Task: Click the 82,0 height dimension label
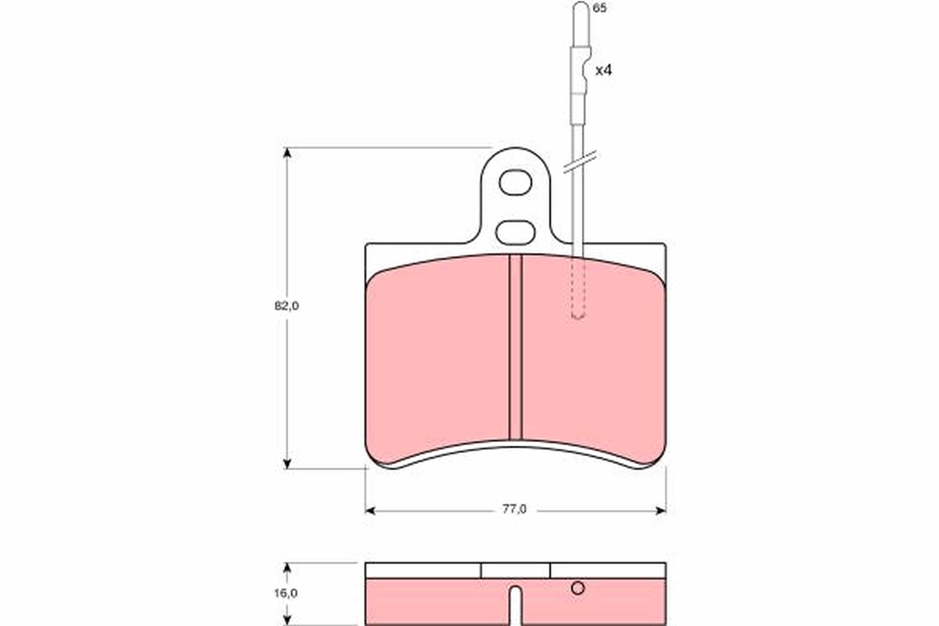(286, 306)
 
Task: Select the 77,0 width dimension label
(514, 509)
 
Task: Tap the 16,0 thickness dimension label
(286, 592)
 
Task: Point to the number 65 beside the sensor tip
(600, 8)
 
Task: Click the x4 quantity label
(603, 70)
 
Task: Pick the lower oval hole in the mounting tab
(516, 232)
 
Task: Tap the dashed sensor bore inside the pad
(578, 290)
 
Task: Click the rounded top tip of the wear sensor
(580, 9)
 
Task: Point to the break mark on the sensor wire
(579, 162)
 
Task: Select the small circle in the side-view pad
(577, 588)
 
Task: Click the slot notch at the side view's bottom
(515, 606)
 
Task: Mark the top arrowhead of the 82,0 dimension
(287, 153)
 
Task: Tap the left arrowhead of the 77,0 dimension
(371, 510)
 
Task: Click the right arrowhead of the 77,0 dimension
(660, 510)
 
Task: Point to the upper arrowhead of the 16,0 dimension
(287, 567)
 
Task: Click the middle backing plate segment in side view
(516, 570)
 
